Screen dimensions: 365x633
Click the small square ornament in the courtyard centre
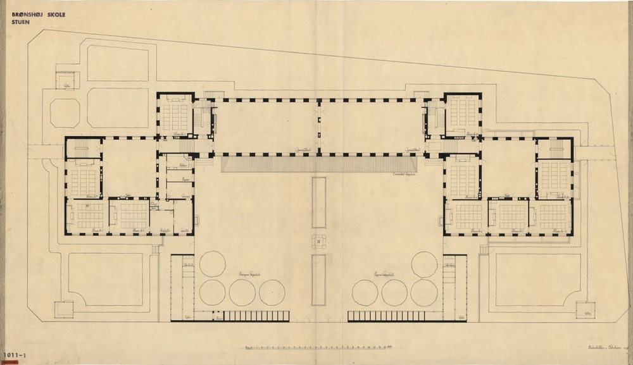[x=318, y=241]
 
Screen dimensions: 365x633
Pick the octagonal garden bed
[x=65, y=113]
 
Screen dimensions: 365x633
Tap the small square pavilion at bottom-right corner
[x=586, y=310]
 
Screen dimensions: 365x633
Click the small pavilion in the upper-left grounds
[x=66, y=80]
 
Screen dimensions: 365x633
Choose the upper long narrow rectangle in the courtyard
[x=318, y=202]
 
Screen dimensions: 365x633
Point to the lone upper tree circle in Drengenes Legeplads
[x=213, y=263]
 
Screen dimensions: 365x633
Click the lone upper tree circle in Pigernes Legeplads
[x=424, y=263]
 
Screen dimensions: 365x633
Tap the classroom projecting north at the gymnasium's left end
[x=175, y=116]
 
